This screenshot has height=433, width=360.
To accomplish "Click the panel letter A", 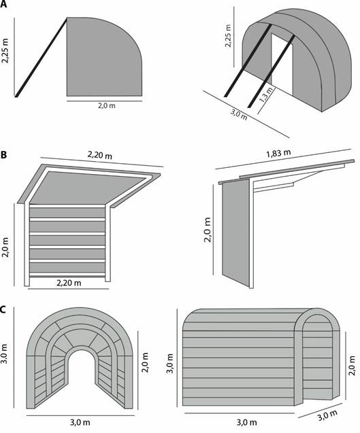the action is (x=3, y=5).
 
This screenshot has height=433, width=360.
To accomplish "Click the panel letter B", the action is (x=3, y=155).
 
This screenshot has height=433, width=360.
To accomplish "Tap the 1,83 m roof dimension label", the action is (x=278, y=153).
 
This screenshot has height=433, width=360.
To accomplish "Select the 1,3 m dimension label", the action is (x=265, y=94).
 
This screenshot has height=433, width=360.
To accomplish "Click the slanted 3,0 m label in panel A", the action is (x=239, y=114).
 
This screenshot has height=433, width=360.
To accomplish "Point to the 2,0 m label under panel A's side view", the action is (x=107, y=105).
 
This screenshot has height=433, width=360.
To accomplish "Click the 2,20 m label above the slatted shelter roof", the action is (x=100, y=155).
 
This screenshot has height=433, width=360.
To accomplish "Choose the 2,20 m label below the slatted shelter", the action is (x=69, y=283).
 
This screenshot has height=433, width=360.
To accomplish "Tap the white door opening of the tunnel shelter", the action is (x=282, y=63).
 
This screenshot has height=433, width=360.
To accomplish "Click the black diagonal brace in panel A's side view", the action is (x=41, y=57).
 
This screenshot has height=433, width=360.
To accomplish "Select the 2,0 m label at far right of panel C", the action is (x=351, y=365).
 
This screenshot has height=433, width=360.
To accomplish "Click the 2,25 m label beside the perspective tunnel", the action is (x=228, y=36).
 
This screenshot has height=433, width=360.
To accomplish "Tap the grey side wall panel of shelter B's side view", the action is (x=236, y=232).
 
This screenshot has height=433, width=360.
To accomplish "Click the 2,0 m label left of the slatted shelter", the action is (x=5, y=247).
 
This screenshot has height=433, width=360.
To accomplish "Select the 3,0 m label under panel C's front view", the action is (x=80, y=422).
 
